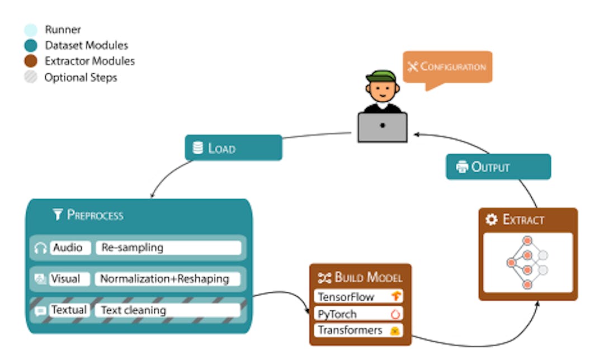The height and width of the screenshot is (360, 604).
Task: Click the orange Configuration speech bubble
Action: pos(447,67)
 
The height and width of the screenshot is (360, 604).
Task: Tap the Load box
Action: pos(233,148)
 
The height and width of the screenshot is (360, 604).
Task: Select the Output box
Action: pos(498,167)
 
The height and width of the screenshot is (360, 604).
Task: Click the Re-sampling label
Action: pos(168,248)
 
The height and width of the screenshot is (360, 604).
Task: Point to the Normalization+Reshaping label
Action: pos(167,278)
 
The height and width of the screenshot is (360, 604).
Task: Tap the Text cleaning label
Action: pos(167,310)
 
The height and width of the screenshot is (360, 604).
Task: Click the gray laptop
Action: pos(383,127)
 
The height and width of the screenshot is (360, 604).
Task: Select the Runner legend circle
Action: pos(31,30)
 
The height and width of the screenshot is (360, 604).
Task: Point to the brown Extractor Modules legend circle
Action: pos(31,61)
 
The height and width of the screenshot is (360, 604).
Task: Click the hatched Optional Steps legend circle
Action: pos(31,78)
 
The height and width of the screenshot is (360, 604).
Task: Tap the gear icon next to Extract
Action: pos(492,220)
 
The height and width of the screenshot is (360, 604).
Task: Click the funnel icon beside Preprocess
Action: pos(57,215)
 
